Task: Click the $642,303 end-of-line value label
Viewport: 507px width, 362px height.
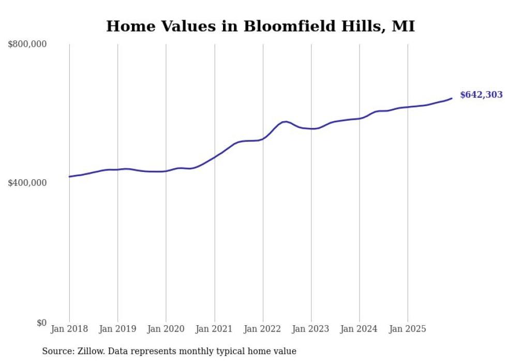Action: [481, 95]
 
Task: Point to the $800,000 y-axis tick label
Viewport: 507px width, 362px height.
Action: [27, 45]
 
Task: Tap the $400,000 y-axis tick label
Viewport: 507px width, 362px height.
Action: [27, 183]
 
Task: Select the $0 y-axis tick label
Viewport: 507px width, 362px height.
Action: [41, 323]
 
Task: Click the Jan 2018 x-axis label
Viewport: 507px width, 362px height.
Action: [69, 329]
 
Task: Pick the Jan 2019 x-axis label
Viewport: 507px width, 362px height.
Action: [117, 329]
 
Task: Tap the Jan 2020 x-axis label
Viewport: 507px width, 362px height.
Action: [166, 329]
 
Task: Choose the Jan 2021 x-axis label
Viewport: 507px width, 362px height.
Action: [214, 329]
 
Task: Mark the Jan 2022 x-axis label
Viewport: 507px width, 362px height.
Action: [263, 329]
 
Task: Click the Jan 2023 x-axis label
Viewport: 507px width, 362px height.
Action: [311, 329]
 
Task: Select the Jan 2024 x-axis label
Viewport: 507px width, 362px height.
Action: [360, 329]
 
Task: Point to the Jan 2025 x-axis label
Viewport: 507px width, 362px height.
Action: [408, 329]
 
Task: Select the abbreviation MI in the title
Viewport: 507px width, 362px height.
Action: [403, 26]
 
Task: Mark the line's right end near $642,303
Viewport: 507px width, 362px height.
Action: [452, 98]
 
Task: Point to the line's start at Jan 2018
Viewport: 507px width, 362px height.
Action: [70, 177]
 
